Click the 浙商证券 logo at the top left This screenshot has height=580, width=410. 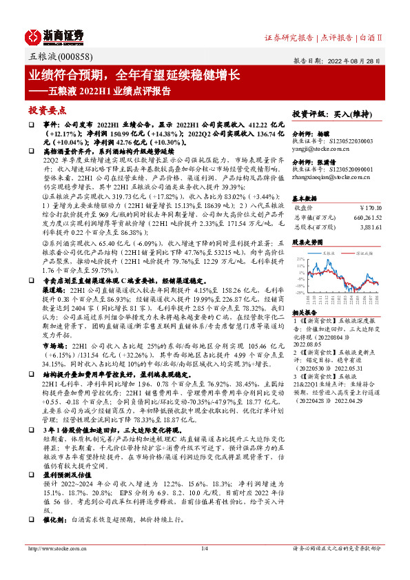pyautogui.click(x=54, y=35)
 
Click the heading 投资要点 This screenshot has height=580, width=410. pyautogui.click(x=47, y=110)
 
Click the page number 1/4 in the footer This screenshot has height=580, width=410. pyautogui.click(x=205, y=568)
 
